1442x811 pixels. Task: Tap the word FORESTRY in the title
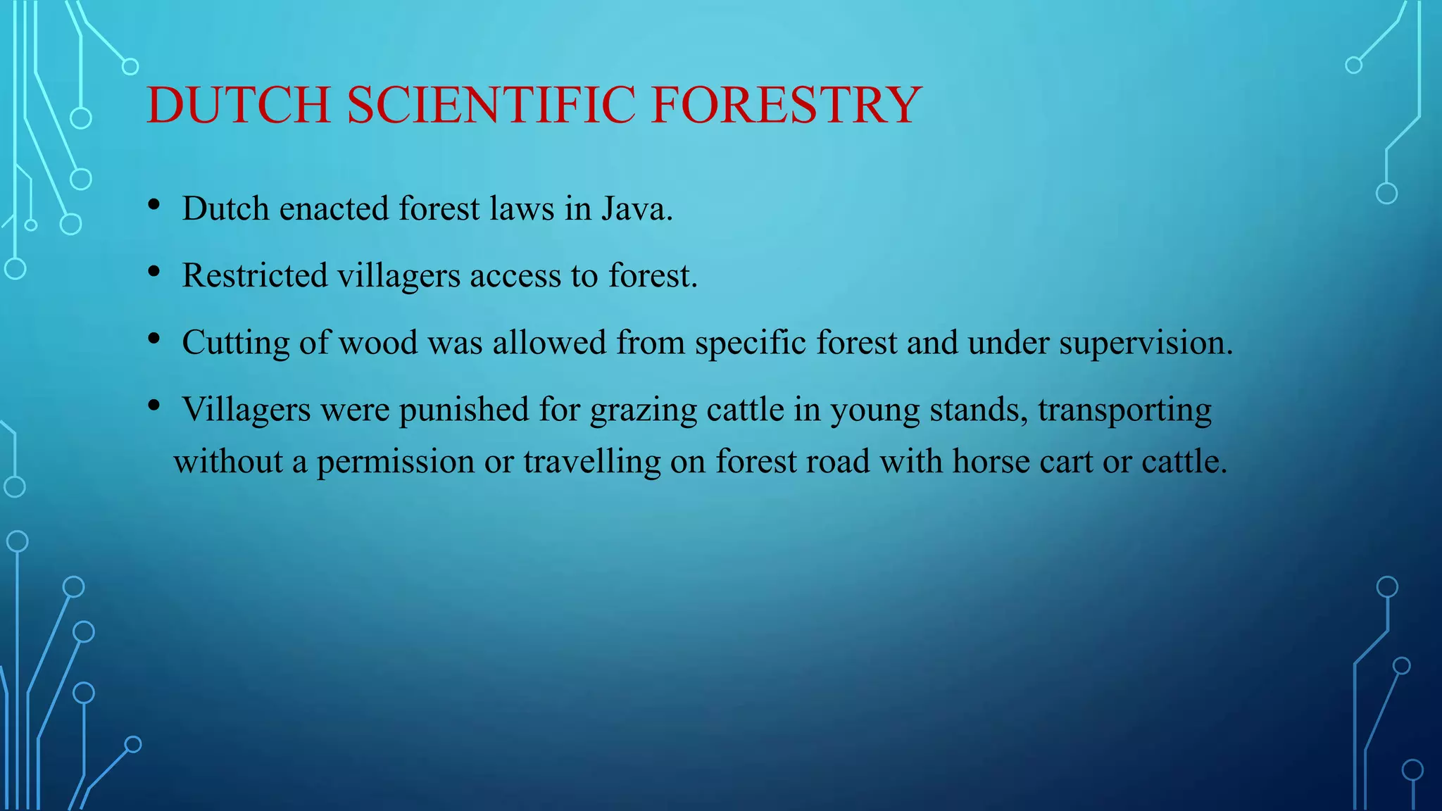(786, 106)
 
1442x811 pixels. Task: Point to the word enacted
(334, 209)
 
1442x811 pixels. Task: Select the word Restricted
(254, 276)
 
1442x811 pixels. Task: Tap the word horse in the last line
(991, 462)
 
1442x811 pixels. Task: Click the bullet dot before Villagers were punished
(154, 405)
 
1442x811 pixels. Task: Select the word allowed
(548, 344)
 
